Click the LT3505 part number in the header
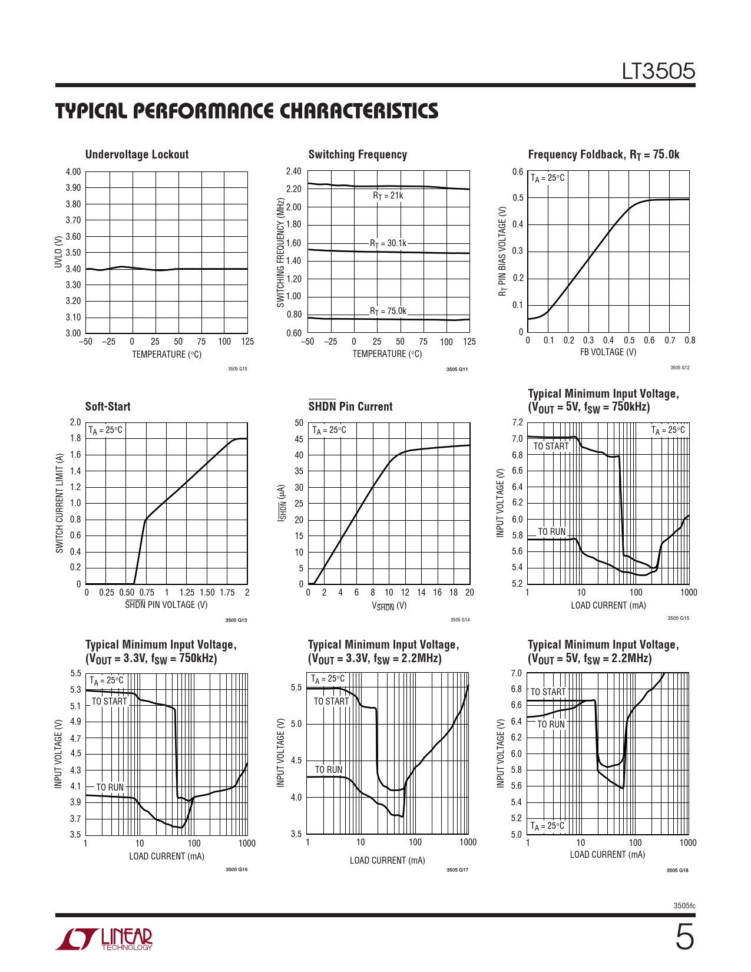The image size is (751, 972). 659,71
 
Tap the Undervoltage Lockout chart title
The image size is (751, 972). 137,154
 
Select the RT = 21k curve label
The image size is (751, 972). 388,196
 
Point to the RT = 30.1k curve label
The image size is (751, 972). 388,243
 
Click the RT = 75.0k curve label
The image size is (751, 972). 388,311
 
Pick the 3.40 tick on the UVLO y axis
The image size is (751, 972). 73,269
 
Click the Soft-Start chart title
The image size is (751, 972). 108,406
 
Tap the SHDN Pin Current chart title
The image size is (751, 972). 350,406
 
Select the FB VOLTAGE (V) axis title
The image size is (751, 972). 608,352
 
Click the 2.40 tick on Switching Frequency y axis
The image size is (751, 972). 293,171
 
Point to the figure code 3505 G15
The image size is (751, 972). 678,618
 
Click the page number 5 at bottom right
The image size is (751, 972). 684,937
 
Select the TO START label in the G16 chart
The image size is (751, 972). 109,702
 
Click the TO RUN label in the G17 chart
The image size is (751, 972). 328,769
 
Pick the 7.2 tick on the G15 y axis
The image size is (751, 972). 517,422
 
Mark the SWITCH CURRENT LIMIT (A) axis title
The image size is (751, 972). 59,503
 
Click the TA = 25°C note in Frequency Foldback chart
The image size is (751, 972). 548,178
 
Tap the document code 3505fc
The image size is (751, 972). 684,905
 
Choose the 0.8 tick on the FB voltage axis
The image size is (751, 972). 689,340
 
